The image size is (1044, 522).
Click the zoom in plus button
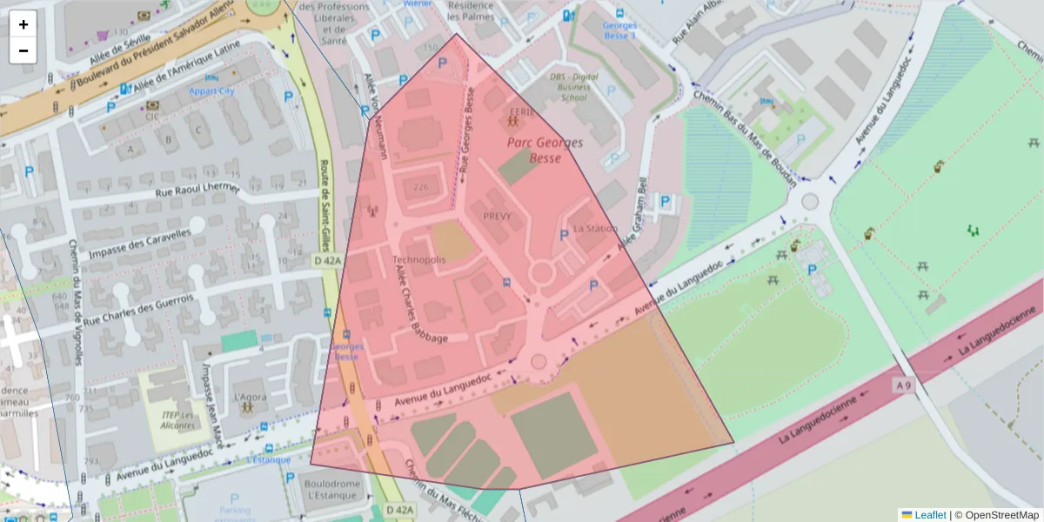pyautogui.click(x=23, y=24)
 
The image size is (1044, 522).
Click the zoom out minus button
pyautogui.click(x=23, y=50)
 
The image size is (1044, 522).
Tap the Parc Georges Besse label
pyautogui.click(x=545, y=150)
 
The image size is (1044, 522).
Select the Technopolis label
pyautogui.click(x=418, y=260)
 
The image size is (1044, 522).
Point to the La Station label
pyautogui.click(x=595, y=229)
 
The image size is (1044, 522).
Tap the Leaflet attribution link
pyautogui.click(x=929, y=515)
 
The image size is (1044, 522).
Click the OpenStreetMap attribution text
pyautogui.click(x=996, y=515)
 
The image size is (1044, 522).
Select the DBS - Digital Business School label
pyautogui.click(x=573, y=87)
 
